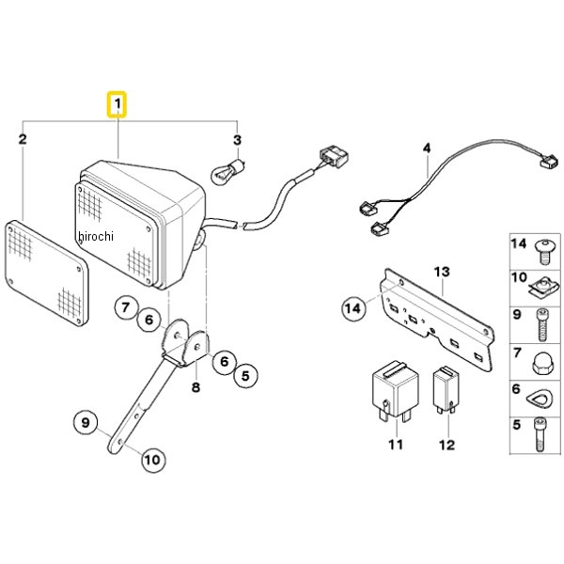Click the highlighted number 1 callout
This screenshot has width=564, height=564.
[117, 104]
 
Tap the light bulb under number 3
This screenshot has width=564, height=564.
[228, 171]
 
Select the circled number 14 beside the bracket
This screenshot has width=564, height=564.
[353, 308]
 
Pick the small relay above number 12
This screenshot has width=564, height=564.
[446, 390]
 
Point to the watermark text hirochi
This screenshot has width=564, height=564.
[95, 236]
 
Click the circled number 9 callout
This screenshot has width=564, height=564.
[86, 422]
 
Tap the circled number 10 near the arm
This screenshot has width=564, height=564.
[153, 460]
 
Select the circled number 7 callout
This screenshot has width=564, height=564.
[126, 307]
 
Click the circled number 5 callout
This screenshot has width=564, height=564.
[245, 376]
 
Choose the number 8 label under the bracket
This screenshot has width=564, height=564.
[196, 387]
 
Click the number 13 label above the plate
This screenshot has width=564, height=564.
[442, 272]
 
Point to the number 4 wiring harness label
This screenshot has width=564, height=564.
[427, 149]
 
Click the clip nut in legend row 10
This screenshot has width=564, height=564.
[544, 289]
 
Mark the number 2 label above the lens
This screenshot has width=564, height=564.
[23, 139]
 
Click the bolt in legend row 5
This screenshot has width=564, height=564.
[540, 434]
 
